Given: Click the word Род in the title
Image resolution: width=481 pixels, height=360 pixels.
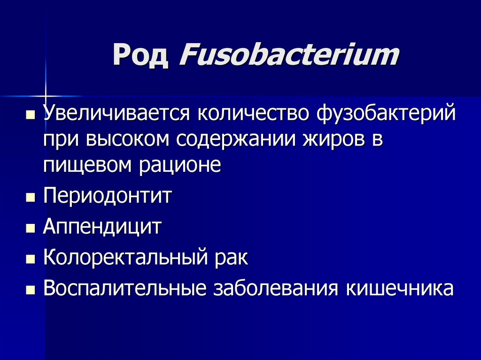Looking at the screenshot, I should [140, 56].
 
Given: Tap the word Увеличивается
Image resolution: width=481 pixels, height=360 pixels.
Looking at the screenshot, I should [117, 115].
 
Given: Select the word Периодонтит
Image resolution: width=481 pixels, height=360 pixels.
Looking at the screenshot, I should [108, 196].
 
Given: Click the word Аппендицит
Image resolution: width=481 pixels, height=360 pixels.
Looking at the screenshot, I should [102, 227].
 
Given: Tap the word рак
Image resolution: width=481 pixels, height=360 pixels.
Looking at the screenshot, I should [230, 258].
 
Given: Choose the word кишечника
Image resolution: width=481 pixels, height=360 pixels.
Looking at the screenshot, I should [400, 288].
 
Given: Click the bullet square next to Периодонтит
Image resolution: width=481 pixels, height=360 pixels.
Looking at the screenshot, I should [31, 197].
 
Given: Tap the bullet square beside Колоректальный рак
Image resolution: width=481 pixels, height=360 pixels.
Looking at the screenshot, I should [31, 259].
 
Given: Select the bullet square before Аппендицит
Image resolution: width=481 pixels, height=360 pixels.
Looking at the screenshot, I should [31, 228].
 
